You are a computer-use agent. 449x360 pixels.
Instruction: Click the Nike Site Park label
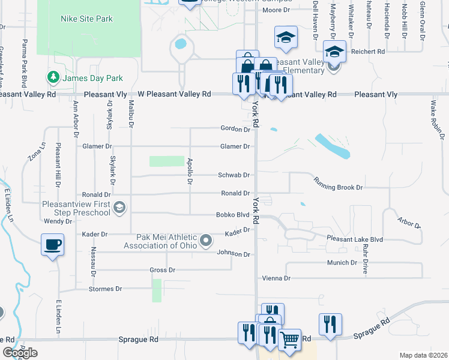(86, 19)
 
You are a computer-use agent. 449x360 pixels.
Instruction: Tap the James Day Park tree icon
(53, 77)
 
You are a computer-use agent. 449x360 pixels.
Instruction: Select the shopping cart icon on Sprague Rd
(289, 340)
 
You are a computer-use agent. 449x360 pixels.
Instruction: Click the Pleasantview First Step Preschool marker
(119, 208)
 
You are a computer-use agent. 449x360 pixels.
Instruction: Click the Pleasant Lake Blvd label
(355, 239)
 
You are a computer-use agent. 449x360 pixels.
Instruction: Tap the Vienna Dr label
(276, 278)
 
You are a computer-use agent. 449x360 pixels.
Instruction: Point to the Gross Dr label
(162, 270)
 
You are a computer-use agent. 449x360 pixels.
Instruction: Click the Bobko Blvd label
(233, 214)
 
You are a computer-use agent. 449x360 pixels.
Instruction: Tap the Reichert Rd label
(368, 52)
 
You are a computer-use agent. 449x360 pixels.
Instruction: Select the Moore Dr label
(276, 10)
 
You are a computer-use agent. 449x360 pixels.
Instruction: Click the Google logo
(20, 352)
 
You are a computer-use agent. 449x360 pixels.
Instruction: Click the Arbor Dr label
(408, 223)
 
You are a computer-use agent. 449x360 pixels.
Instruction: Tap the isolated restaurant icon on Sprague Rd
(330, 325)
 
